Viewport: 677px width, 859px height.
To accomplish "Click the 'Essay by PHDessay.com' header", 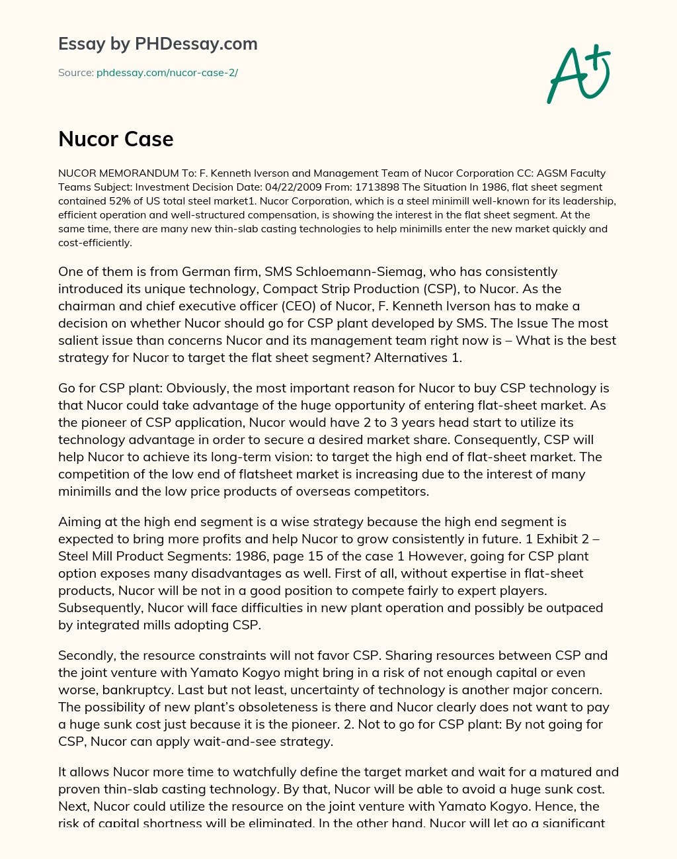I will pos(157,44).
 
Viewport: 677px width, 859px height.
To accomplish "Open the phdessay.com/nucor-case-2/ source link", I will pos(167,73).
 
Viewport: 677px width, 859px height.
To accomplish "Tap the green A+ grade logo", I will pos(578,75).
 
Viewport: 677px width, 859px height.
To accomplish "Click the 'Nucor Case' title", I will pos(116,139).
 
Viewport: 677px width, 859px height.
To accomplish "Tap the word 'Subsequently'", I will pos(100,608).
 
